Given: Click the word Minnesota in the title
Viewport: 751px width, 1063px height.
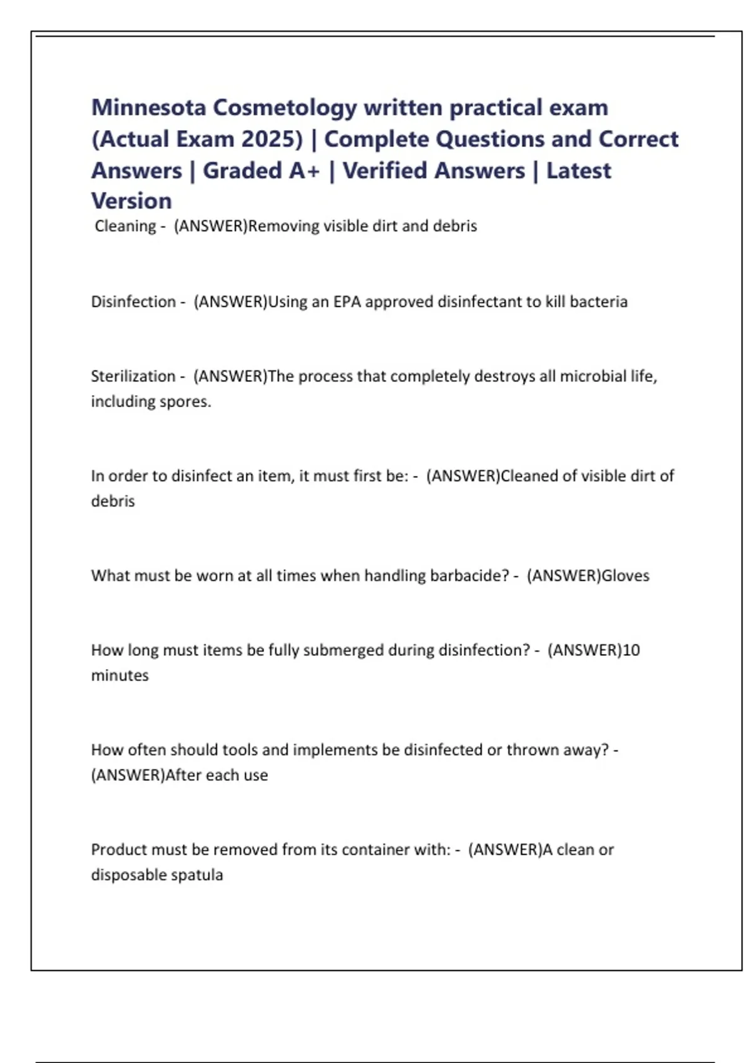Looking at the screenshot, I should (148, 108).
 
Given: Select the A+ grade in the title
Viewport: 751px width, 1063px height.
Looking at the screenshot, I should (304, 171).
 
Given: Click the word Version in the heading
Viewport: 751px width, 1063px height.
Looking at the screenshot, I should (131, 201).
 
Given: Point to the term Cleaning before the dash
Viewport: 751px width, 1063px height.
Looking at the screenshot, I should (125, 226).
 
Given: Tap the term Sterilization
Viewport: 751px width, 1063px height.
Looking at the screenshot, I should (133, 376).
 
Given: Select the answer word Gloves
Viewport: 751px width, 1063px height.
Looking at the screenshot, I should (625, 576).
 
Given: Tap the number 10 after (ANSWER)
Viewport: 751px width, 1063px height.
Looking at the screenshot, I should (631, 650).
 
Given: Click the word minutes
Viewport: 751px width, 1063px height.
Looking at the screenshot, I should (120, 676).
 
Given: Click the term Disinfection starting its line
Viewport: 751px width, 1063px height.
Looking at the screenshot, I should (133, 302).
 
